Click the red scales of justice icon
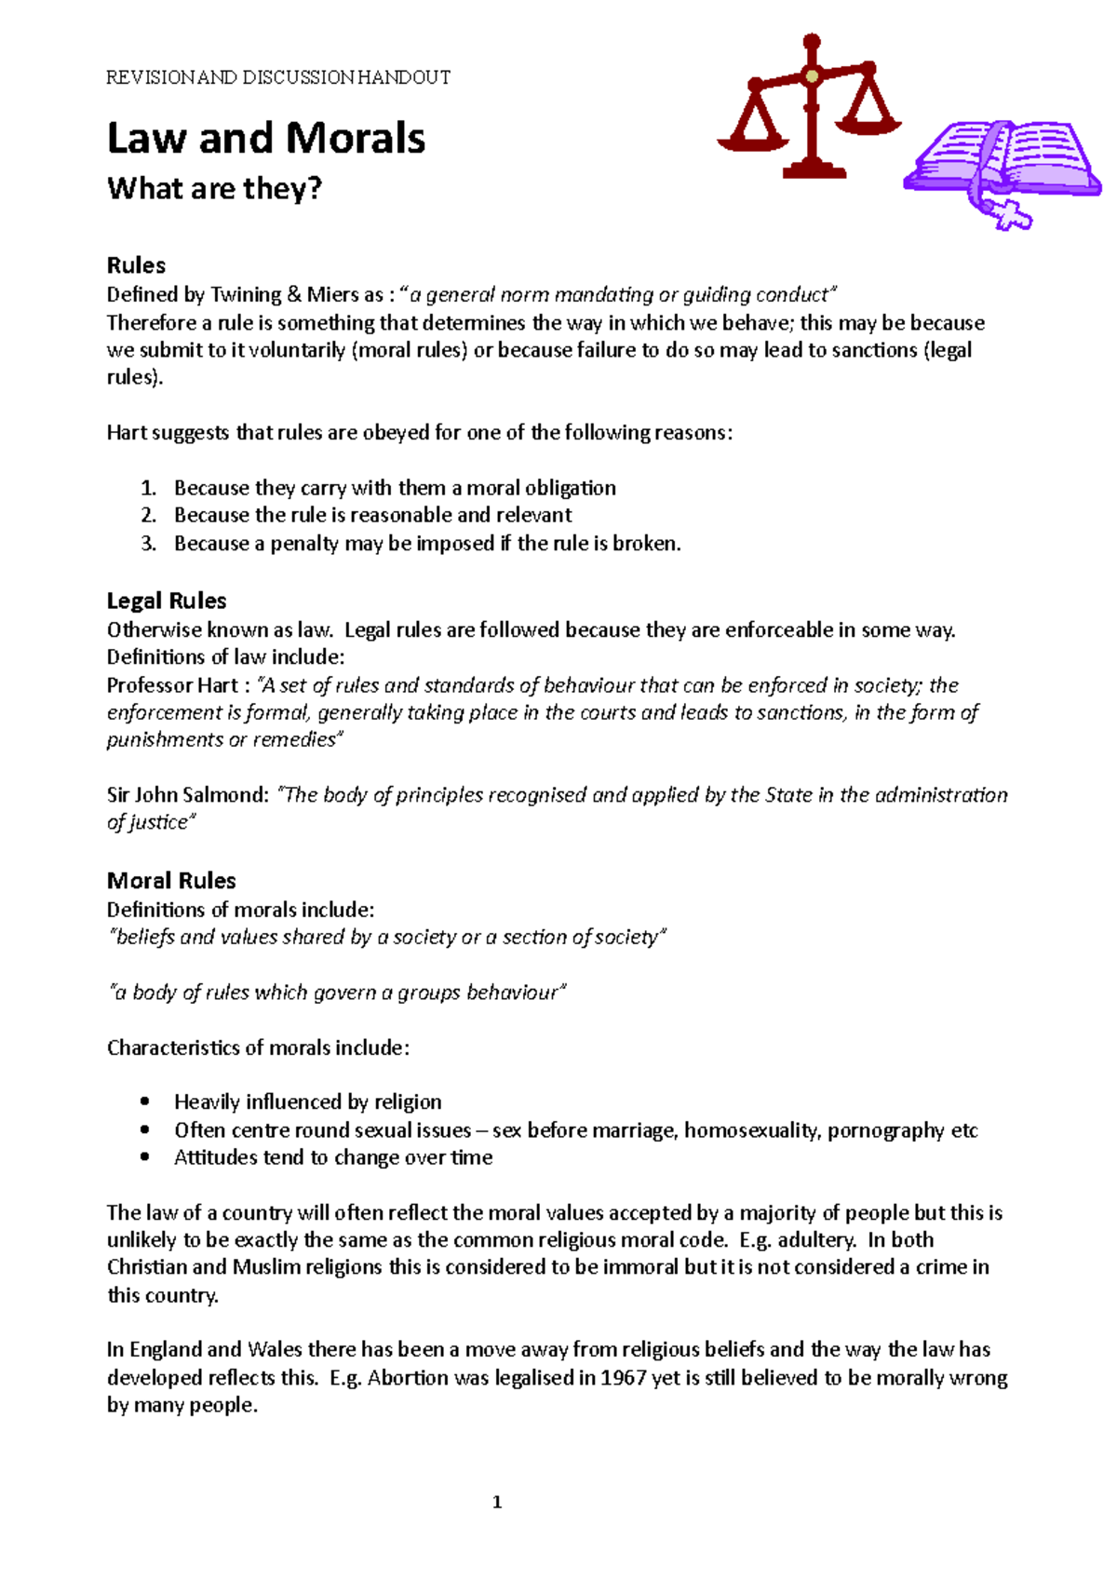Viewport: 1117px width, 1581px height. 810,107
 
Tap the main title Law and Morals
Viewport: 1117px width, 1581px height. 266,139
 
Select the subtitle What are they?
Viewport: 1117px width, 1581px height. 214,189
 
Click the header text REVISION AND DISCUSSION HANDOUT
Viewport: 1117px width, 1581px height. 278,77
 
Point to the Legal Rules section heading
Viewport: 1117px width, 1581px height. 167,601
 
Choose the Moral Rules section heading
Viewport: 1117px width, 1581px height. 171,881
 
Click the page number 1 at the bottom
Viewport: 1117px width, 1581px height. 496,1502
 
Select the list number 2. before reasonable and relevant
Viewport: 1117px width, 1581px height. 149,516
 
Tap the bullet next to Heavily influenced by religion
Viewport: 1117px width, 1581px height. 144,1102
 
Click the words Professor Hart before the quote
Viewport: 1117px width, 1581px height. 172,685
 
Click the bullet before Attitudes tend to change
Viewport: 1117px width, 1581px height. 144,1158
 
